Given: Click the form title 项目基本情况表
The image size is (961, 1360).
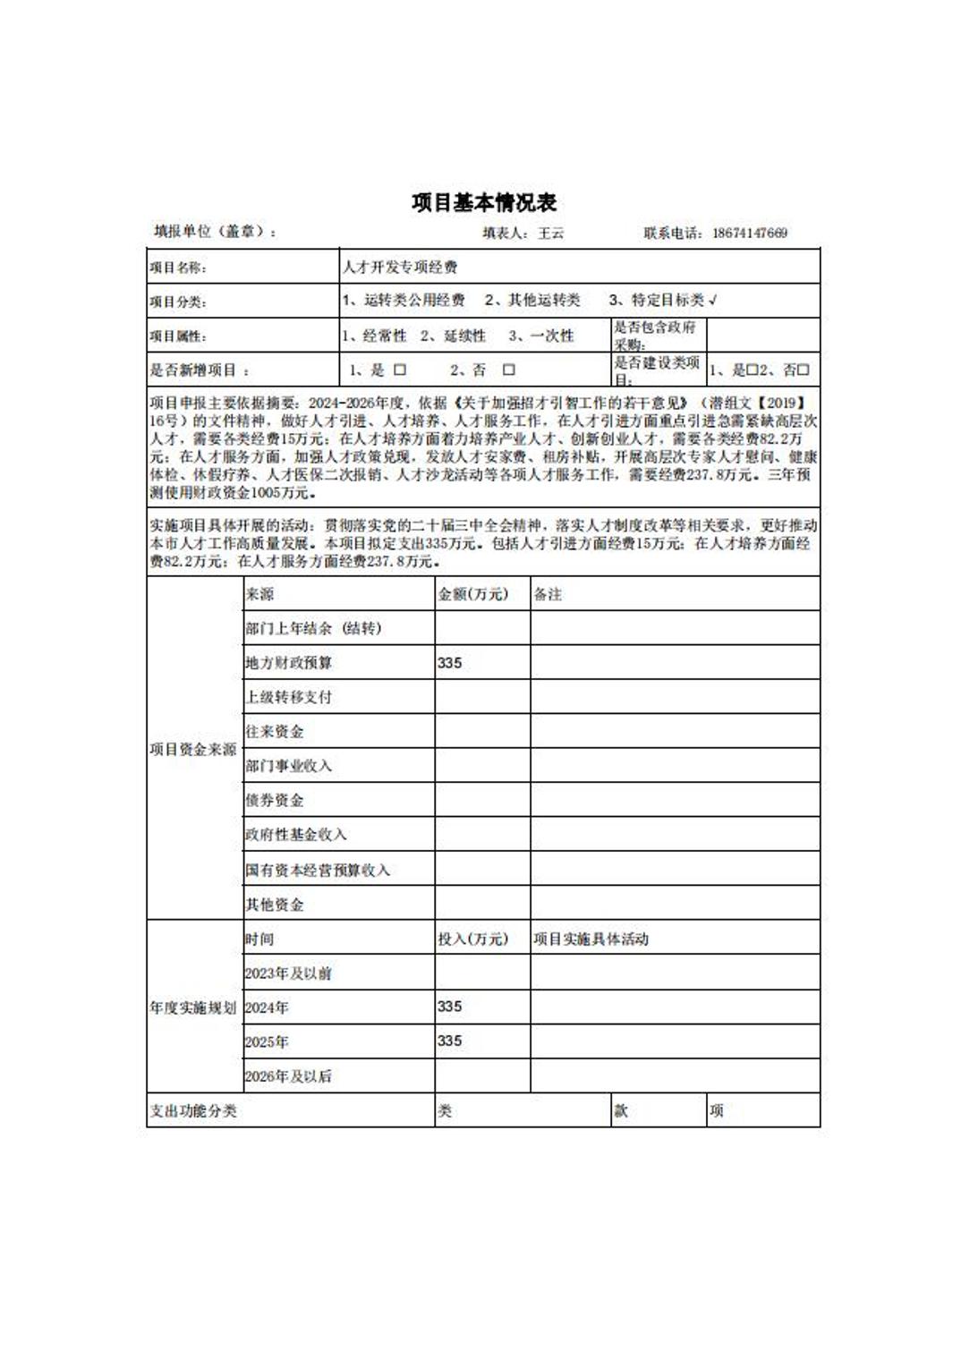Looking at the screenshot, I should pyautogui.click(x=484, y=203).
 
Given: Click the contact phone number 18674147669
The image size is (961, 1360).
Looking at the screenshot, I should pyautogui.click(x=750, y=234).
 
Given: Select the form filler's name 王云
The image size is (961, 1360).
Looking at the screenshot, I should pyautogui.click(x=550, y=234).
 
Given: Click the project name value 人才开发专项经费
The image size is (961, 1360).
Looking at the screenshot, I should pyautogui.click(x=400, y=267).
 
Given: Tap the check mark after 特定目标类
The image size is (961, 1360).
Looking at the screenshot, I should pyautogui.click(x=712, y=301).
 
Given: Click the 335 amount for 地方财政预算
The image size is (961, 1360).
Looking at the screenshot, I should pyautogui.click(x=450, y=663).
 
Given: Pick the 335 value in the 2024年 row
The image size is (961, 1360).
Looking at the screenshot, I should pyautogui.click(x=450, y=1007).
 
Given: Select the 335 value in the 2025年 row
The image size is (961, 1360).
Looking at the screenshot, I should pyautogui.click(x=450, y=1041).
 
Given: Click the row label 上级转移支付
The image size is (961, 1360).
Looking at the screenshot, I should pyautogui.click(x=288, y=697).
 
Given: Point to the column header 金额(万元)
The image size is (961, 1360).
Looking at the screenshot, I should pyautogui.click(x=472, y=594).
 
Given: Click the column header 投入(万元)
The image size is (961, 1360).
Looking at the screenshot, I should pyautogui.click(x=472, y=939).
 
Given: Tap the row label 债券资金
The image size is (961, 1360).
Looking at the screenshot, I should pyautogui.click(x=275, y=800).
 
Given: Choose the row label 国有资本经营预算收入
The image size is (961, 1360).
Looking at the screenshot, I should pyautogui.click(x=318, y=870).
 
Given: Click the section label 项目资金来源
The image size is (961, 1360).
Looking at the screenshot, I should pyautogui.click(x=193, y=749).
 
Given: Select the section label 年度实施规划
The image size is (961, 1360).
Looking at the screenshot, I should pyautogui.click(x=193, y=1007).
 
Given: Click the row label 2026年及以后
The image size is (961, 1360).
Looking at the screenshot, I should pyautogui.click(x=288, y=1076).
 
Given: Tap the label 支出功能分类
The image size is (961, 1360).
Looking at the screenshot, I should pyautogui.click(x=193, y=1111).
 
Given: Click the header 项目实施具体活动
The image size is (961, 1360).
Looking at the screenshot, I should pyautogui.click(x=591, y=939).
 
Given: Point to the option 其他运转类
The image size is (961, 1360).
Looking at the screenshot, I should pyautogui.click(x=532, y=301).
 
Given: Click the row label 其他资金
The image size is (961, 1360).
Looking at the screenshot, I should pyautogui.click(x=275, y=905).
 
